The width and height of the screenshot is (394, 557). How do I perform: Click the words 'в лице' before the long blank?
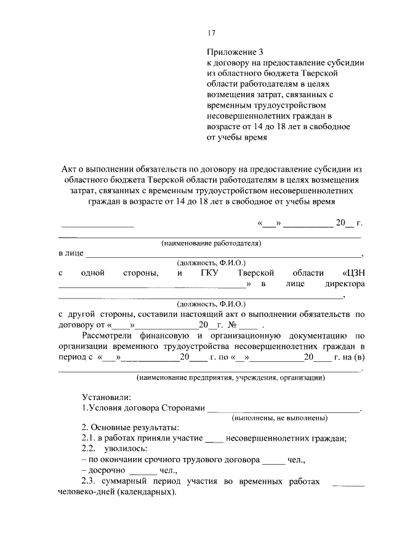point(70,254)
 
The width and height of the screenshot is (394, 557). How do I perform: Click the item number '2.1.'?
point(89,438)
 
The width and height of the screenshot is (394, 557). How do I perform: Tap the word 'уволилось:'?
point(126,449)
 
